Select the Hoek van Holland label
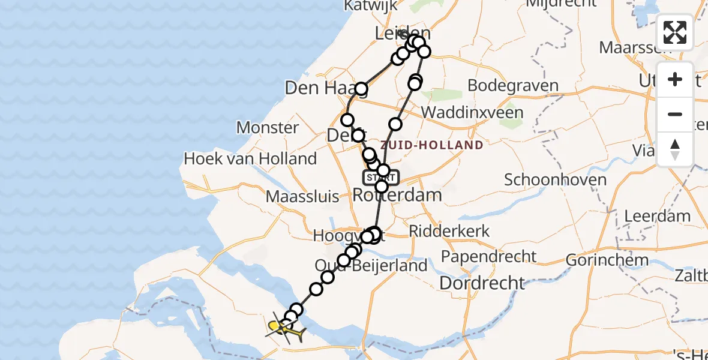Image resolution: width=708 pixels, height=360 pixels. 250,159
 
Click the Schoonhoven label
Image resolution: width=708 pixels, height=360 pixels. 555,179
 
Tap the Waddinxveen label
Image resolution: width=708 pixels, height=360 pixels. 472,112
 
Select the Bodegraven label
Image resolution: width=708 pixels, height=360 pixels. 513,85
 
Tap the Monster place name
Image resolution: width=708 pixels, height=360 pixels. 268,127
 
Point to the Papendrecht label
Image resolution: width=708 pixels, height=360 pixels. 488,257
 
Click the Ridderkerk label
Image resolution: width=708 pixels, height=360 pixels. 449,231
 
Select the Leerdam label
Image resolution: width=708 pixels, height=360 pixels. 657,216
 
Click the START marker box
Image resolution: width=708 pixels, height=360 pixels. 380,178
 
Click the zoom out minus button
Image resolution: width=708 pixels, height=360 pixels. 675,114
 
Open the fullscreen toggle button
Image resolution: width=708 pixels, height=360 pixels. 675,32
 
